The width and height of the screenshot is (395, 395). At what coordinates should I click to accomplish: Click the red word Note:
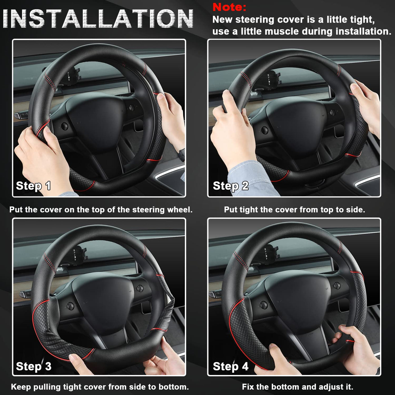[x=229, y=7]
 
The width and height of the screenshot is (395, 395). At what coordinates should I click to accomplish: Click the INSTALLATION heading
[x=98, y=19]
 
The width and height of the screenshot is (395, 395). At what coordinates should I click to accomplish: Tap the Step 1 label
[x=33, y=186]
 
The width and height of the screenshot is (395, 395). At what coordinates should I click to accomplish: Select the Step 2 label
[x=231, y=186]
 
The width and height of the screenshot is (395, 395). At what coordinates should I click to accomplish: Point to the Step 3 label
[x=34, y=366]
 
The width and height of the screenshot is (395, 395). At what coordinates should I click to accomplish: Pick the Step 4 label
[x=231, y=366]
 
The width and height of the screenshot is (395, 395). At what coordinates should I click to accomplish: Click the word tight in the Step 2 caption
[x=249, y=210]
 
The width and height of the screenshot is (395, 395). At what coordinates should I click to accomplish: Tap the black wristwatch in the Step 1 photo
[x=181, y=155]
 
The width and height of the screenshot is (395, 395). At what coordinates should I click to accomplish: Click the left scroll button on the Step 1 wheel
[x=64, y=126]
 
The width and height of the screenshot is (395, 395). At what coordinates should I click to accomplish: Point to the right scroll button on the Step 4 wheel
[x=337, y=286]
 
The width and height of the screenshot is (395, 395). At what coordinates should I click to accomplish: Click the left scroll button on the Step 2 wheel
[x=264, y=130]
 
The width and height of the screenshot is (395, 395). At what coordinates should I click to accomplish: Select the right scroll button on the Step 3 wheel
[x=140, y=288]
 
